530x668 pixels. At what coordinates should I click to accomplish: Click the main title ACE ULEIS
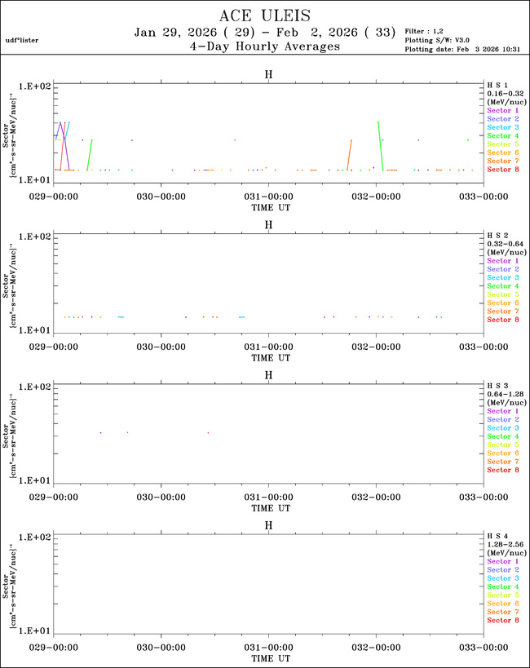(x=264, y=15)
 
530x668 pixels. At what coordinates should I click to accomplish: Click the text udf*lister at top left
(x=22, y=39)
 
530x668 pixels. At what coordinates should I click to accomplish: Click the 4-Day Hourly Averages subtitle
(x=264, y=46)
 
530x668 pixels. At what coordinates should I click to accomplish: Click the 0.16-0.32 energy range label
(x=503, y=93)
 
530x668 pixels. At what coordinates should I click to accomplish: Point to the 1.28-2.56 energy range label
(x=503, y=545)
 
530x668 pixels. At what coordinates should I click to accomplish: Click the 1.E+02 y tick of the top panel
(x=35, y=86)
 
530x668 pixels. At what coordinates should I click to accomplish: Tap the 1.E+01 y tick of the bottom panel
(x=35, y=631)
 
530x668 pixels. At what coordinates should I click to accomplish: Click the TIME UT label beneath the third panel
(x=268, y=507)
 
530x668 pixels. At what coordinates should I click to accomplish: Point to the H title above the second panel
(x=268, y=224)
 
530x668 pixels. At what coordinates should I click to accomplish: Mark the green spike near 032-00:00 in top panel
(x=379, y=143)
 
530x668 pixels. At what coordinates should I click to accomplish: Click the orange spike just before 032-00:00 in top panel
(x=349, y=155)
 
